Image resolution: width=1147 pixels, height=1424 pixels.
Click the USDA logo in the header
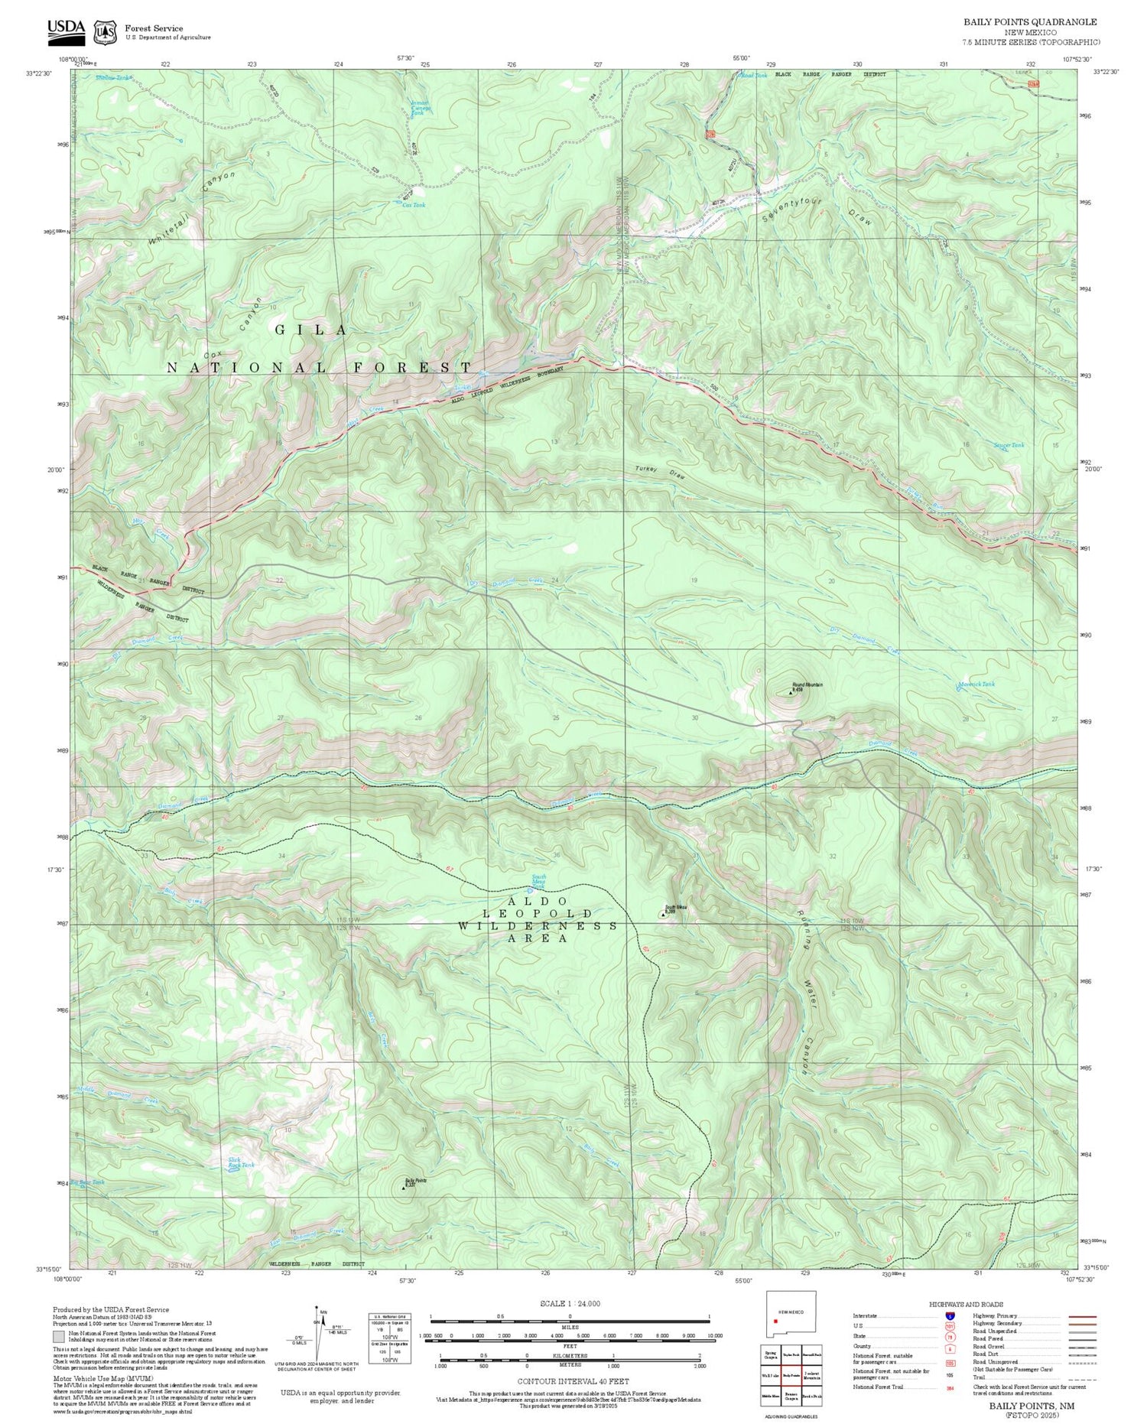click(x=67, y=29)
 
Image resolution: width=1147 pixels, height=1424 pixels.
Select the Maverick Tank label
click(x=976, y=684)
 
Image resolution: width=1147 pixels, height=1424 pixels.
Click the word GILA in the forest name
click(x=312, y=330)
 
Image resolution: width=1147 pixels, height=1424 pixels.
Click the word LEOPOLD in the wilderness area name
click(x=537, y=914)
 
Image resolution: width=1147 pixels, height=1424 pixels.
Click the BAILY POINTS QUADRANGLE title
click(x=1029, y=22)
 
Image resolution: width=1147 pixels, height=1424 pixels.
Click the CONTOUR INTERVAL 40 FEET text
click(x=573, y=1381)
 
